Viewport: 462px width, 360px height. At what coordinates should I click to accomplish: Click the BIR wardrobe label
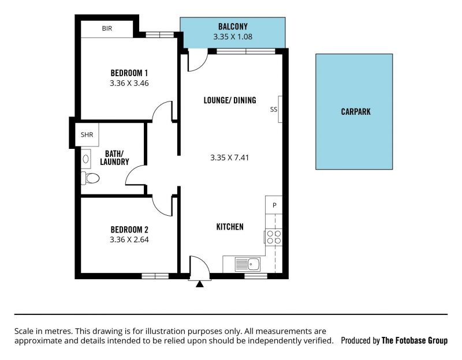tap(107, 28)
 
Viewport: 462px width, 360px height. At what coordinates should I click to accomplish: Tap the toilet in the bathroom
tap(90, 178)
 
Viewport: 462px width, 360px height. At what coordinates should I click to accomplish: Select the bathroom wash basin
tap(85, 159)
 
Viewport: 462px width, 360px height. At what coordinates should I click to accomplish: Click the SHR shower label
tap(87, 135)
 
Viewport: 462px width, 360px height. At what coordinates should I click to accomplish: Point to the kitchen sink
tap(248, 264)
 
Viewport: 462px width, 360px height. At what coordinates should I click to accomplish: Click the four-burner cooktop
tap(274, 237)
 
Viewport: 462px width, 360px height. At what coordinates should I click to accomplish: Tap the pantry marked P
tap(274, 205)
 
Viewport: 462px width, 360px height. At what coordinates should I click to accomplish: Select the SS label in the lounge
tap(274, 110)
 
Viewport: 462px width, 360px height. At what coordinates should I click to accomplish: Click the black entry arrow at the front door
tap(200, 284)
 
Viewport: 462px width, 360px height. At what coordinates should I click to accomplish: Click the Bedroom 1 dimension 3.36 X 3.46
tap(129, 83)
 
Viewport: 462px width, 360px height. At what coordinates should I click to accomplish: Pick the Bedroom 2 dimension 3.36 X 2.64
tap(129, 239)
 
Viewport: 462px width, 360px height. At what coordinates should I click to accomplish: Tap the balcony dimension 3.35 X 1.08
tap(233, 37)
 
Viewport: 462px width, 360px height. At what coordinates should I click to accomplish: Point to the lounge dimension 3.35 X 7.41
tap(229, 157)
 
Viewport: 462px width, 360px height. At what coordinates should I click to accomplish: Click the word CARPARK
tap(356, 112)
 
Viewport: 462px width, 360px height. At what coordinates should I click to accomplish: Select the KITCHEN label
tap(230, 227)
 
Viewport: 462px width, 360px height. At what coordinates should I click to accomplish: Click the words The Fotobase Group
tap(415, 340)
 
